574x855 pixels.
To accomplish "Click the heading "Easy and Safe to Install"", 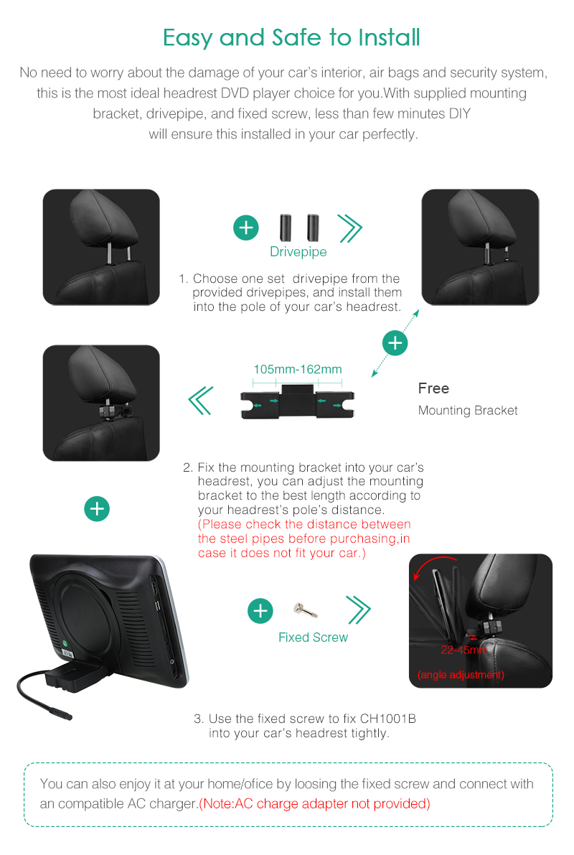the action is [291, 38].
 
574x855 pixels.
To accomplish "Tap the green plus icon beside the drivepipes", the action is [246, 228].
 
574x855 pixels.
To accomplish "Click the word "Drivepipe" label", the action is [298, 252].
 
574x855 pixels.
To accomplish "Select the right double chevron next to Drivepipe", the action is [350, 228].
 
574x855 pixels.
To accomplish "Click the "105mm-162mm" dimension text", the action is [298, 369].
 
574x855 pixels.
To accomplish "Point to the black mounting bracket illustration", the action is [298, 402].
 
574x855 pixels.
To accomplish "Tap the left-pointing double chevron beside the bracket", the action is [201, 401].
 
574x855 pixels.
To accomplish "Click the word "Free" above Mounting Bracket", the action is [433, 388].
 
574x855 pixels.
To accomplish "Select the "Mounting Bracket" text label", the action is [468, 411].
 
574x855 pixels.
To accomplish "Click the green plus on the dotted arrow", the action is [395, 343].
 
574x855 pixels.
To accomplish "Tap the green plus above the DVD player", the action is [97, 509].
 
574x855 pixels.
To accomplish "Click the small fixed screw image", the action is [305, 609].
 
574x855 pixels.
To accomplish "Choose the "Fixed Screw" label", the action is [313, 637].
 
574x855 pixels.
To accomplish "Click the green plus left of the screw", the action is [260, 611].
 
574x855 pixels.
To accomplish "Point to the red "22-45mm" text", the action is [464, 650].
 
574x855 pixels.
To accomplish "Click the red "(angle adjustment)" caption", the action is [461, 675].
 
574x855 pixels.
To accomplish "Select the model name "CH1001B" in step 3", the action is [388, 719].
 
